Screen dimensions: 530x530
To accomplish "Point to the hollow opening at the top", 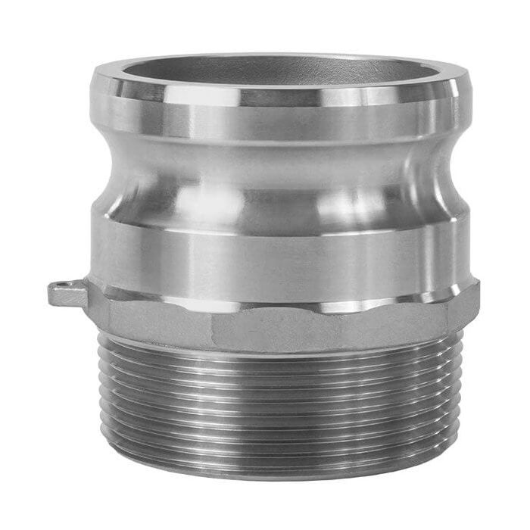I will point(280,72).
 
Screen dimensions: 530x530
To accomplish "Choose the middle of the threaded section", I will point(280,413).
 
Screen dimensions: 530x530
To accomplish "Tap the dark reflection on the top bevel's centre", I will point(280,95).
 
